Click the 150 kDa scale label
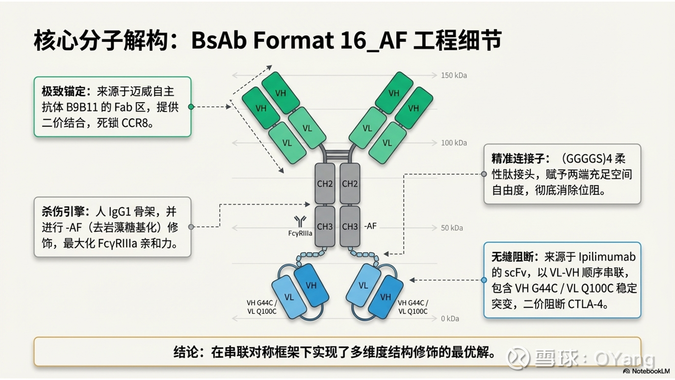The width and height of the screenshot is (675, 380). (453, 75)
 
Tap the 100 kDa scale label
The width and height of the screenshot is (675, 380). (453, 143)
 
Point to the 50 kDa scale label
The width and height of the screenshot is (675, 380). (452, 228)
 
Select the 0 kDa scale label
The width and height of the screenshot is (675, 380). (450, 319)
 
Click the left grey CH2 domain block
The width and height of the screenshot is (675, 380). (325, 184)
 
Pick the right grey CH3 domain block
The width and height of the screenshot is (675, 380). (350, 226)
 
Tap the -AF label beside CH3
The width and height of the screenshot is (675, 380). (370, 226)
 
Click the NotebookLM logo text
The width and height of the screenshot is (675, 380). (650, 371)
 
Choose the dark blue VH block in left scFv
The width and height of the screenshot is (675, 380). (311, 285)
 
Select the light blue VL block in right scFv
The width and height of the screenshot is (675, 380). (363, 285)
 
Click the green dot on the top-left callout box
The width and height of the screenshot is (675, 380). (191, 107)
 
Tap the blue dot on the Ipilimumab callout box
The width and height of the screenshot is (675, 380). (484, 280)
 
